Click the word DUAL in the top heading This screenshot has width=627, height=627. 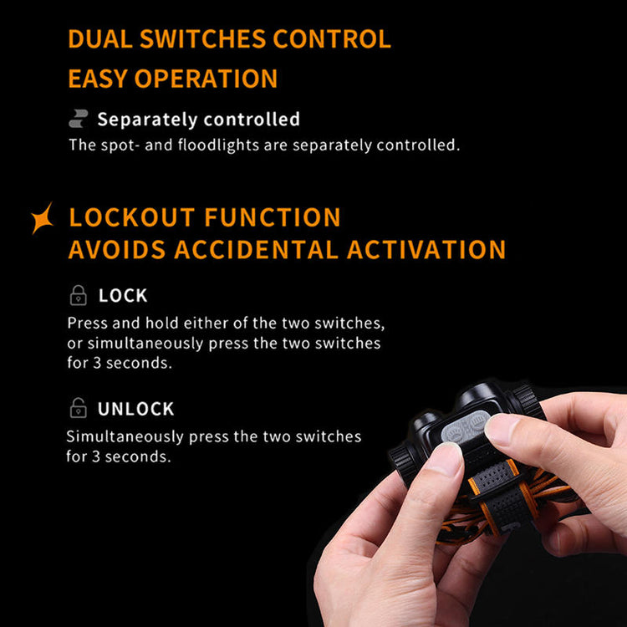(100, 38)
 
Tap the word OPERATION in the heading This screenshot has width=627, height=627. (206, 79)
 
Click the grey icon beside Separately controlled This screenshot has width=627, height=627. (79, 119)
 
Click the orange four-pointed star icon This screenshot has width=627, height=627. (42, 218)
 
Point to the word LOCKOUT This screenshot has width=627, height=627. (132, 217)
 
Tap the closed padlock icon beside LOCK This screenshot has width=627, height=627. (79, 295)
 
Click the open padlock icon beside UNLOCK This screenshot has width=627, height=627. (79, 408)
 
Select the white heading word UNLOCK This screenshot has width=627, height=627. (136, 409)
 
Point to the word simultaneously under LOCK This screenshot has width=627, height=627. (145, 344)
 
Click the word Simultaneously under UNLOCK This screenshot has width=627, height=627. (125, 436)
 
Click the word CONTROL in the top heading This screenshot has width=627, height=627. (332, 38)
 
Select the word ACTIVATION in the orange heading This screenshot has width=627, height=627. (426, 250)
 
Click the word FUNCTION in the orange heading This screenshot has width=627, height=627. (273, 217)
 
